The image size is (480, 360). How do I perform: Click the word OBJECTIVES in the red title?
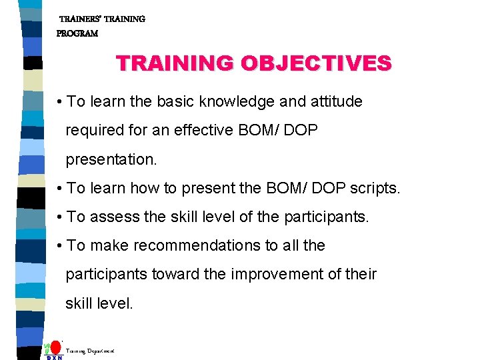316,63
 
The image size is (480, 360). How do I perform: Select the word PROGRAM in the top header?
77,33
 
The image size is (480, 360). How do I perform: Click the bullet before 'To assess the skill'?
60,217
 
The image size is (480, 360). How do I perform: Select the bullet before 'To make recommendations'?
60,246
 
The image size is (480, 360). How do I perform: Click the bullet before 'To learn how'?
60,189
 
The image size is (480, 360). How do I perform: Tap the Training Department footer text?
90,350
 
